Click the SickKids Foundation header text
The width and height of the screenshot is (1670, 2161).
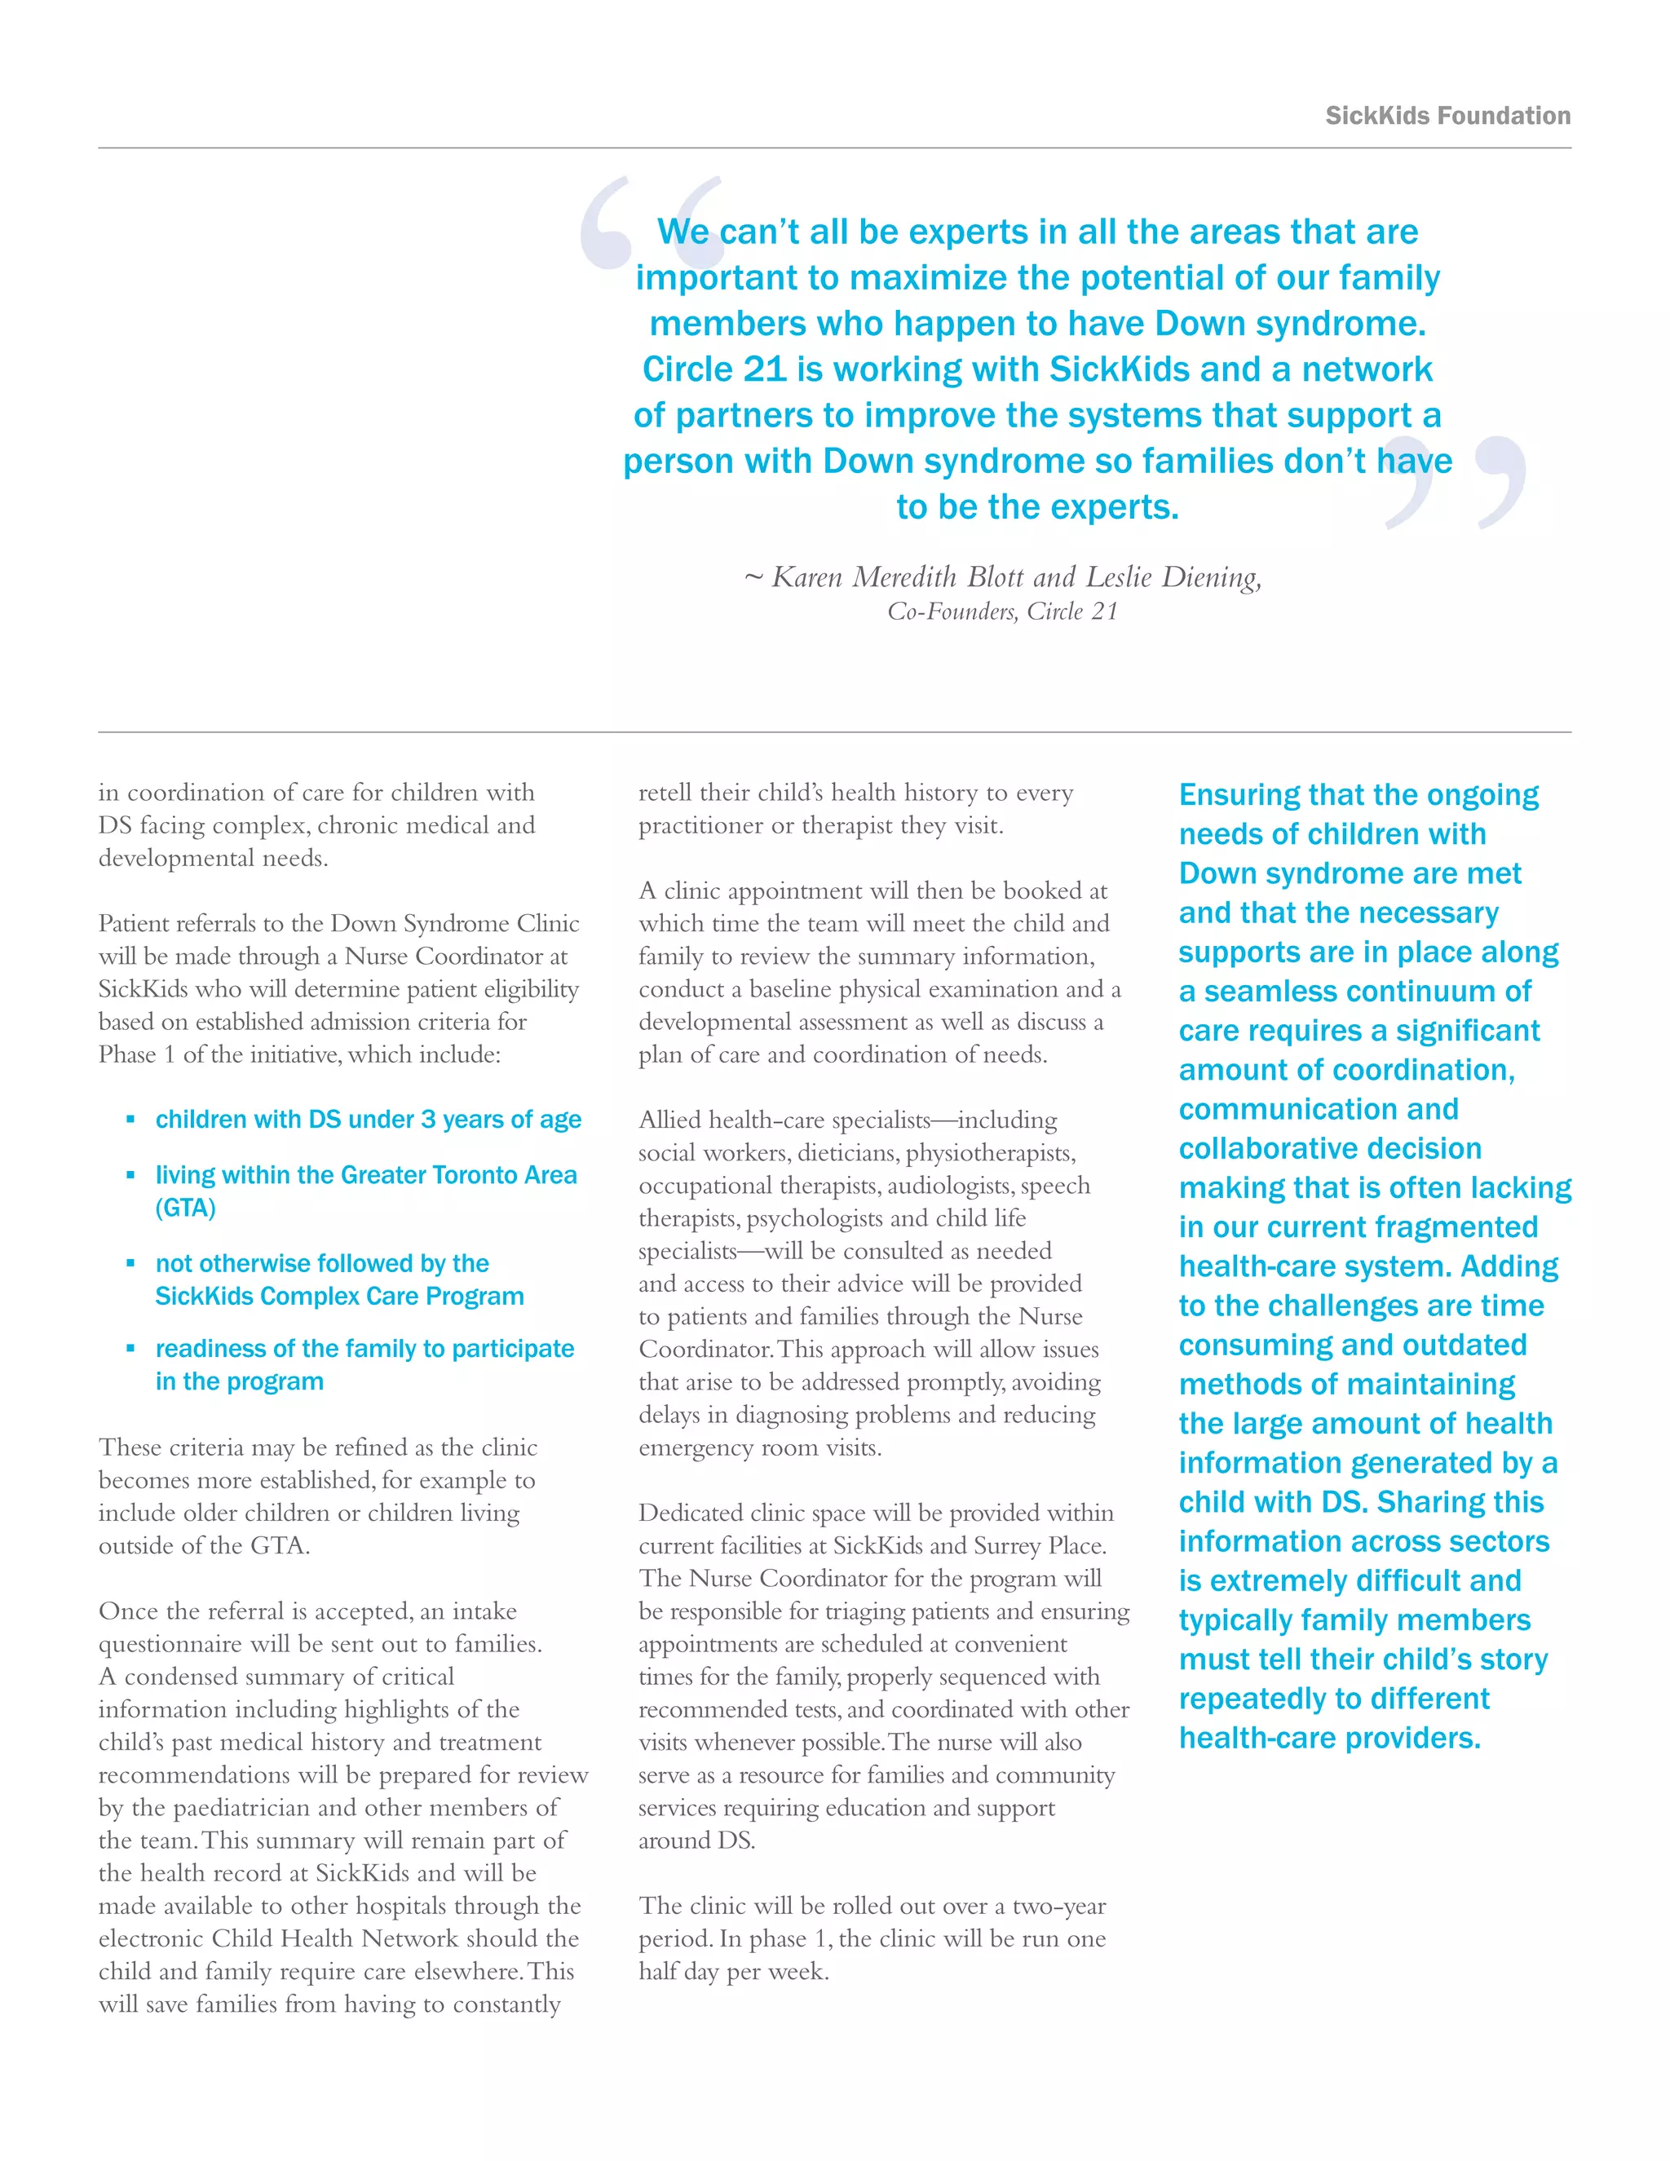[1447, 116]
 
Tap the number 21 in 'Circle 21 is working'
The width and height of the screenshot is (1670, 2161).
[764, 369]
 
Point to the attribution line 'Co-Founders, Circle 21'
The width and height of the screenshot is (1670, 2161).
[1002, 612]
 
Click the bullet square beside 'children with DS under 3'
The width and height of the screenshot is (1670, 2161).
[130, 1119]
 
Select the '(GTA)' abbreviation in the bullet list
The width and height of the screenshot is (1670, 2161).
[185, 1209]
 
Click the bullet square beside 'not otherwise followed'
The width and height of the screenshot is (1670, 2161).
[130, 1263]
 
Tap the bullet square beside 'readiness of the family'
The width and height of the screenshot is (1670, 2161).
[130, 1349]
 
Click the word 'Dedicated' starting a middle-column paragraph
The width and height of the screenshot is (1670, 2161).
[690, 1513]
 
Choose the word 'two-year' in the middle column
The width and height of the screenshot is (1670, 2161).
[1057, 1906]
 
